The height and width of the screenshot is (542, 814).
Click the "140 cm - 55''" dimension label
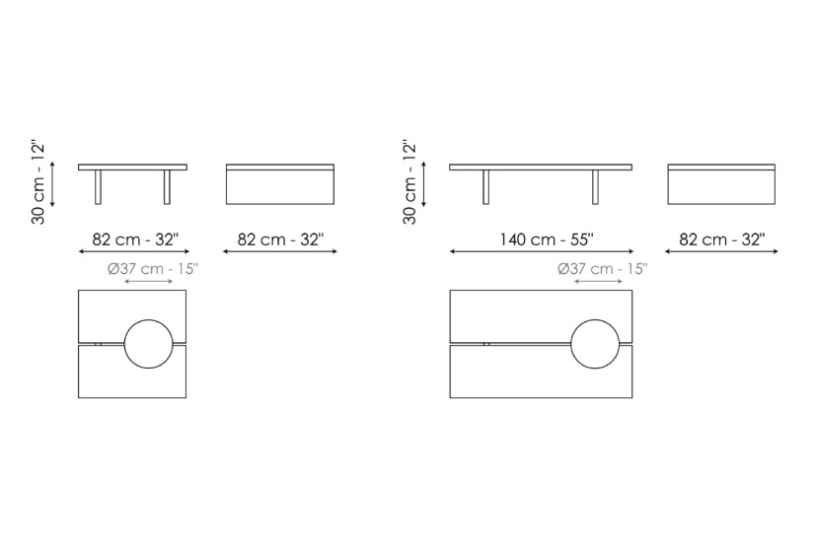(x=547, y=239)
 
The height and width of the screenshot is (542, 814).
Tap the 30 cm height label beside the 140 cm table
(x=409, y=182)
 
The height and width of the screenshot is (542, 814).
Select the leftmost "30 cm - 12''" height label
(x=37, y=182)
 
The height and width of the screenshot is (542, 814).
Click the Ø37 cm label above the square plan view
(x=153, y=269)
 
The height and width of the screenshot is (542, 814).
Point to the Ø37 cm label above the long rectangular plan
(x=603, y=269)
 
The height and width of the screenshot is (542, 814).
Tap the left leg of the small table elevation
(x=99, y=186)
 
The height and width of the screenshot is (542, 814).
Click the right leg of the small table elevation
(x=167, y=186)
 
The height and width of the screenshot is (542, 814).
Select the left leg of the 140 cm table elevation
(x=485, y=186)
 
